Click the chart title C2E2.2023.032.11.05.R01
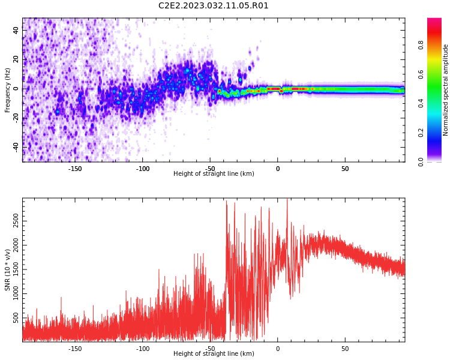[x=213, y=6]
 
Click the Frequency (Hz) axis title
[x=7, y=90]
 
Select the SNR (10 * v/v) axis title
[x=7, y=270]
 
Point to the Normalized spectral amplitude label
[x=445, y=90]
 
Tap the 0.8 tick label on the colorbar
[x=421, y=45]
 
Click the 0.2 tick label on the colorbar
[x=421, y=133]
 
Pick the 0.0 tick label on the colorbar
[x=421, y=162]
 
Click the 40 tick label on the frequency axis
[x=16, y=30]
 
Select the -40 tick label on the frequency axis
[x=16, y=147]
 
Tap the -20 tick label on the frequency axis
[x=16, y=118]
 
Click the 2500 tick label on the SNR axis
[x=16, y=221]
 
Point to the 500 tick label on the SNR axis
[x=16, y=318]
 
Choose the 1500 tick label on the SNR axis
[x=16, y=269]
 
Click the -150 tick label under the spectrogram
[x=75, y=169]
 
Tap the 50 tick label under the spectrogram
[x=345, y=169]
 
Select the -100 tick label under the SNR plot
[x=143, y=349]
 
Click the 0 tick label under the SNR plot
[x=278, y=349]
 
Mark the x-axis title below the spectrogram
[x=214, y=173]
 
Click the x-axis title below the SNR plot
[x=214, y=353]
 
